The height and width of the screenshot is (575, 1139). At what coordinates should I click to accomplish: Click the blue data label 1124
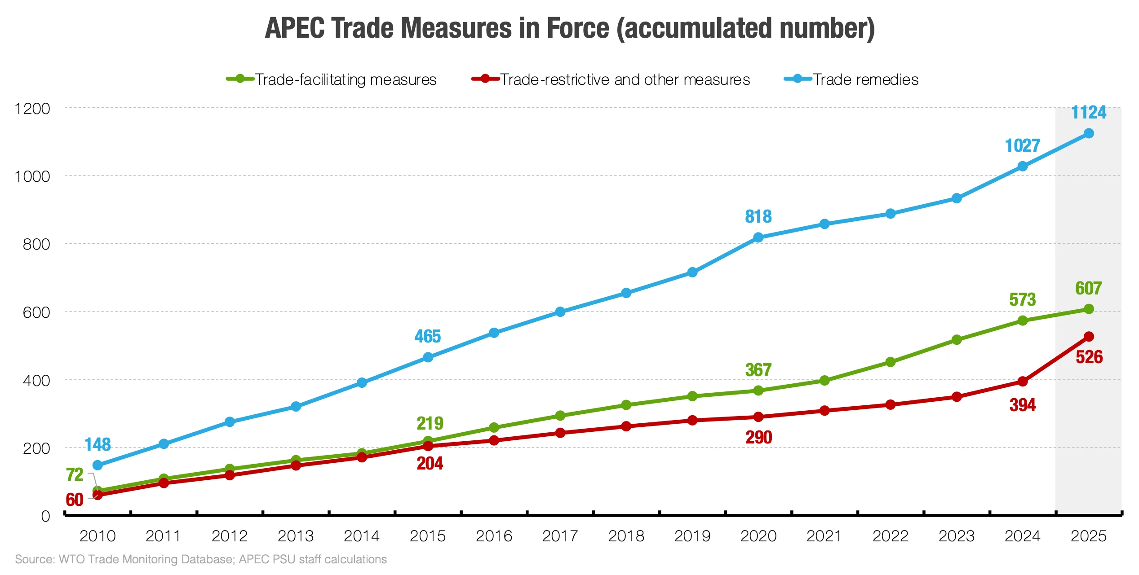pyautogui.click(x=1088, y=112)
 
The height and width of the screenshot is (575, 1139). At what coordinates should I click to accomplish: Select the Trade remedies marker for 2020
pyautogui.click(x=758, y=237)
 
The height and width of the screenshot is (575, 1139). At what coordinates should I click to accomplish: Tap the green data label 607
pyautogui.click(x=1088, y=288)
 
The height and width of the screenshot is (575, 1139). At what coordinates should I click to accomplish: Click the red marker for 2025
pyautogui.click(x=1089, y=337)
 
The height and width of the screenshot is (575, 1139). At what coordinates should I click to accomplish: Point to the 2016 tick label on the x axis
pyautogui.click(x=494, y=536)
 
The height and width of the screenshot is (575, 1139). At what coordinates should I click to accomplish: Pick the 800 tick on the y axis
pyautogui.click(x=36, y=244)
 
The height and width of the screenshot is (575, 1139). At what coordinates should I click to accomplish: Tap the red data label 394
pyautogui.click(x=1023, y=405)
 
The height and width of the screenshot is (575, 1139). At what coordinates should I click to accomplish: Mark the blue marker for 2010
pyautogui.click(x=98, y=465)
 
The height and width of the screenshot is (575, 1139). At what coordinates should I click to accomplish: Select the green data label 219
pyautogui.click(x=430, y=423)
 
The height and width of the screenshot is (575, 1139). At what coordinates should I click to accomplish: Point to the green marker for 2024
pyautogui.click(x=1023, y=320)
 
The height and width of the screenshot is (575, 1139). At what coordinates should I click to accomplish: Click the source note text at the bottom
pyautogui.click(x=201, y=559)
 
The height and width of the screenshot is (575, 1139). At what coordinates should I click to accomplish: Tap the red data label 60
pyautogui.click(x=75, y=500)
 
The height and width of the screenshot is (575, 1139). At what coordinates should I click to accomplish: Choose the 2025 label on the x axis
pyautogui.click(x=1088, y=536)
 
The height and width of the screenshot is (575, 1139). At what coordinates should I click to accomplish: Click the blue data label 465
pyautogui.click(x=427, y=336)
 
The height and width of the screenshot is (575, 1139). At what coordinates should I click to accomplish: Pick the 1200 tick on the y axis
pyautogui.click(x=32, y=109)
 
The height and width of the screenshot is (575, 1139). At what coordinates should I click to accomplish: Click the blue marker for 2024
pyautogui.click(x=1023, y=166)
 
